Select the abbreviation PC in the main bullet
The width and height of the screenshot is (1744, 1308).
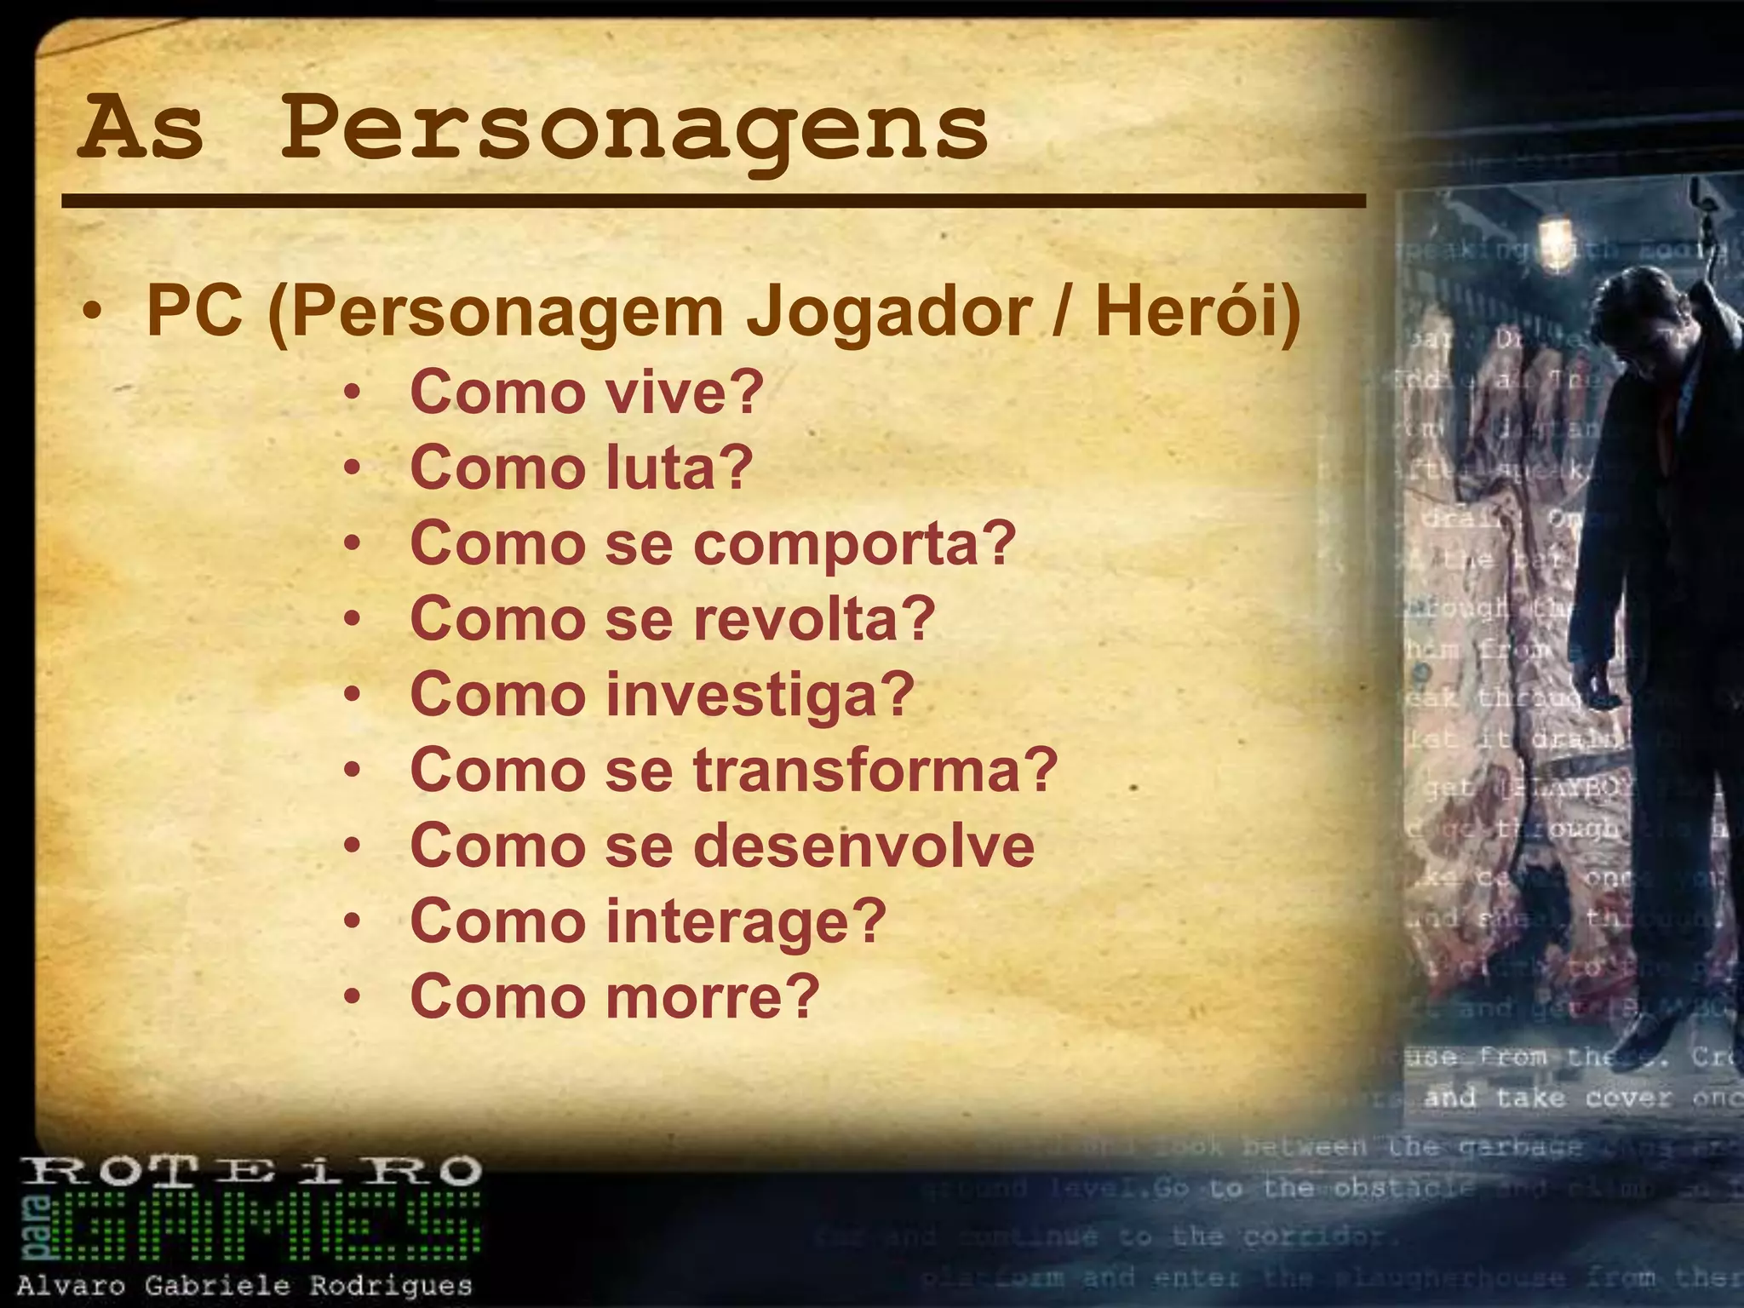pyautogui.click(x=193, y=312)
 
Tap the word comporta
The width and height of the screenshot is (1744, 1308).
pyautogui.click(x=854, y=543)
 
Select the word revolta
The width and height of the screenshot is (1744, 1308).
pyautogui.click(x=813, y=618)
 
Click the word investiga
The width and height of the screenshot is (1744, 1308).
pyautogui.click(x=760, y=694)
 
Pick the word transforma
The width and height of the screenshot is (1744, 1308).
pyautogui.click(x=875, y=769)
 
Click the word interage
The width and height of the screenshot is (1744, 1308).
pyautogui.click(x=746, y=921)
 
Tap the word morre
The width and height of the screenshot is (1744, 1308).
pyautogui.click(x=712, y=995)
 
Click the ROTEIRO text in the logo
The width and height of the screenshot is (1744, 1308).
pyautogui.click(x=250, y=1172)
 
